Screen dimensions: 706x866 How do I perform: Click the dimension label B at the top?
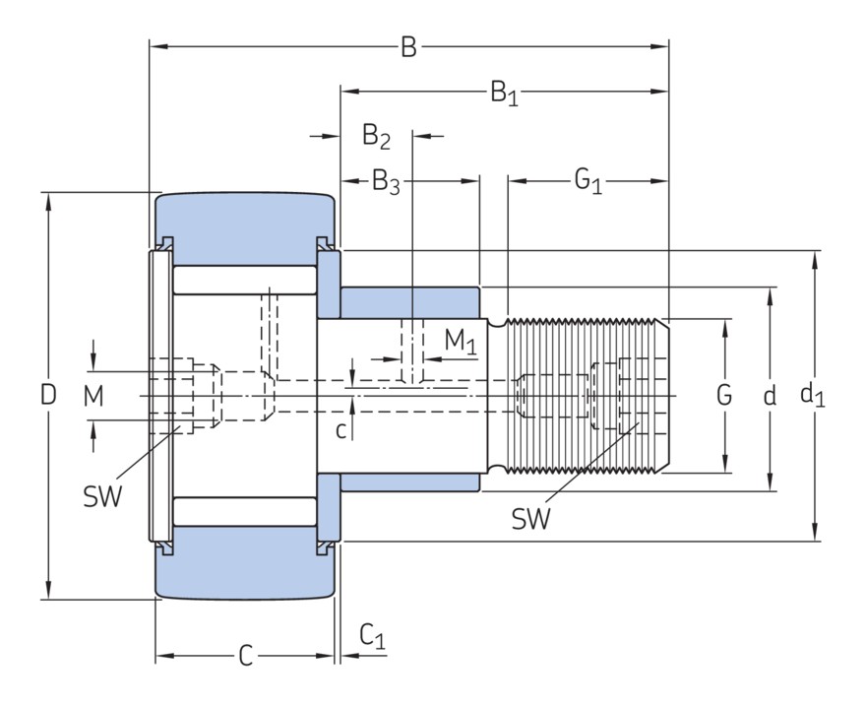click(408, 46)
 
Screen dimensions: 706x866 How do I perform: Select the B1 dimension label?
click(504, 94)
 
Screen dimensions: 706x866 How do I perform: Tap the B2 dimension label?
click(376, 136)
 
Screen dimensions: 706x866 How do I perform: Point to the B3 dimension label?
click(385, 182)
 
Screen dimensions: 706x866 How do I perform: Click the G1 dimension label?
click(588, 182)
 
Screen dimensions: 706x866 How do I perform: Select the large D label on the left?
click(47, 396)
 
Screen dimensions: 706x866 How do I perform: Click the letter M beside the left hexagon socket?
click(93, 396)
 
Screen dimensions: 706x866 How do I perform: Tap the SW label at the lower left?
click(102, 496)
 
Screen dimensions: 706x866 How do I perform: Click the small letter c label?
click(340, 429)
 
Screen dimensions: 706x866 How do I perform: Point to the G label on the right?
click(723, 396)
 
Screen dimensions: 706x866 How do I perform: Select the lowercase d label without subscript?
click(770, 396)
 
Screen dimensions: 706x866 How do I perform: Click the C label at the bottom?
click(246, 655)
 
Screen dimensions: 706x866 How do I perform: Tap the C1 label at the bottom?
click(372, 638)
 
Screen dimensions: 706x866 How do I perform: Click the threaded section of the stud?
click(581, 396)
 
